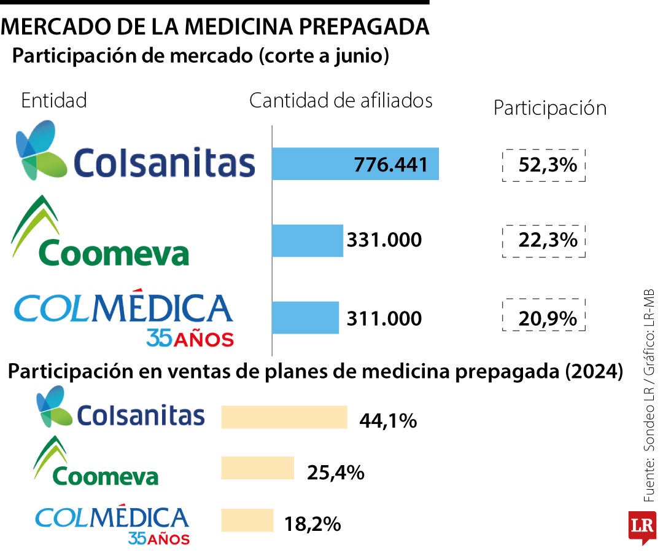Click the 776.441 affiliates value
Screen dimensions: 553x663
(390, 165)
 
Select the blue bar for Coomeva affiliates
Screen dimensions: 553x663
(307, 240)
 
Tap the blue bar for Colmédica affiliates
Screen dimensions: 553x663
(305, 318)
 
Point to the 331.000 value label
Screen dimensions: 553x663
(384, 240)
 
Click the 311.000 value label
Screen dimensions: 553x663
(384, 319)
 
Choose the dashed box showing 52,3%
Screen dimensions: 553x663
(544, 165)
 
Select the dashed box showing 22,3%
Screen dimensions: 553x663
(544, 240)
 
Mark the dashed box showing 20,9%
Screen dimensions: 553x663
(544, 318)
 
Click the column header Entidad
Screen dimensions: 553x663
(54, 101)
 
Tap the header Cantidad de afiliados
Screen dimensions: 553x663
(341, 101)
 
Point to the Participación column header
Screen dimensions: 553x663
(550, 108)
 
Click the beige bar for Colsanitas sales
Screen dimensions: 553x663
(284, 417)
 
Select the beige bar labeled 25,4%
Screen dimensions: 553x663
(257, 468)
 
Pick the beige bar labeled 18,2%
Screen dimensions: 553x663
(247, 520)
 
